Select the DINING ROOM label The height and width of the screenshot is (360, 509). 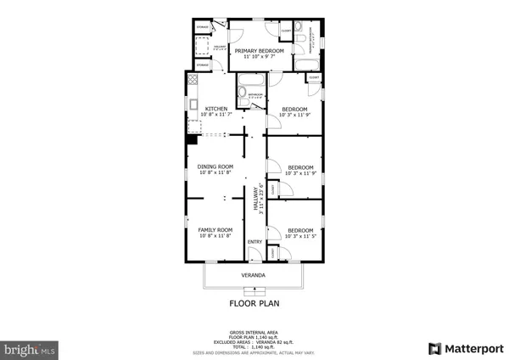click(x=215, y=167)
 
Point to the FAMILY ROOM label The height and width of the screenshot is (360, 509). click(x=215, y=230)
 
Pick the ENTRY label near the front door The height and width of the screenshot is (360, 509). click(x=255, y=243)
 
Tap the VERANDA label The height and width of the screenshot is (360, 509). click(x=254, y=276)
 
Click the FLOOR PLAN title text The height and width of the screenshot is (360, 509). click(x=254, y=302)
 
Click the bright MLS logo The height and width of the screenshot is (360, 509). click(x=31, y=348)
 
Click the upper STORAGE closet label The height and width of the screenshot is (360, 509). click(x=204, y=28)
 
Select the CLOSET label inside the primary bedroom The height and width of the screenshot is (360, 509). click(x=286, y=31)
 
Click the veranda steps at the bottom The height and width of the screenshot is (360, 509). click(x=254, y=290)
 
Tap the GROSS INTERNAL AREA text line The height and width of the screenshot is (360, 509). click(x=254, y=332)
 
